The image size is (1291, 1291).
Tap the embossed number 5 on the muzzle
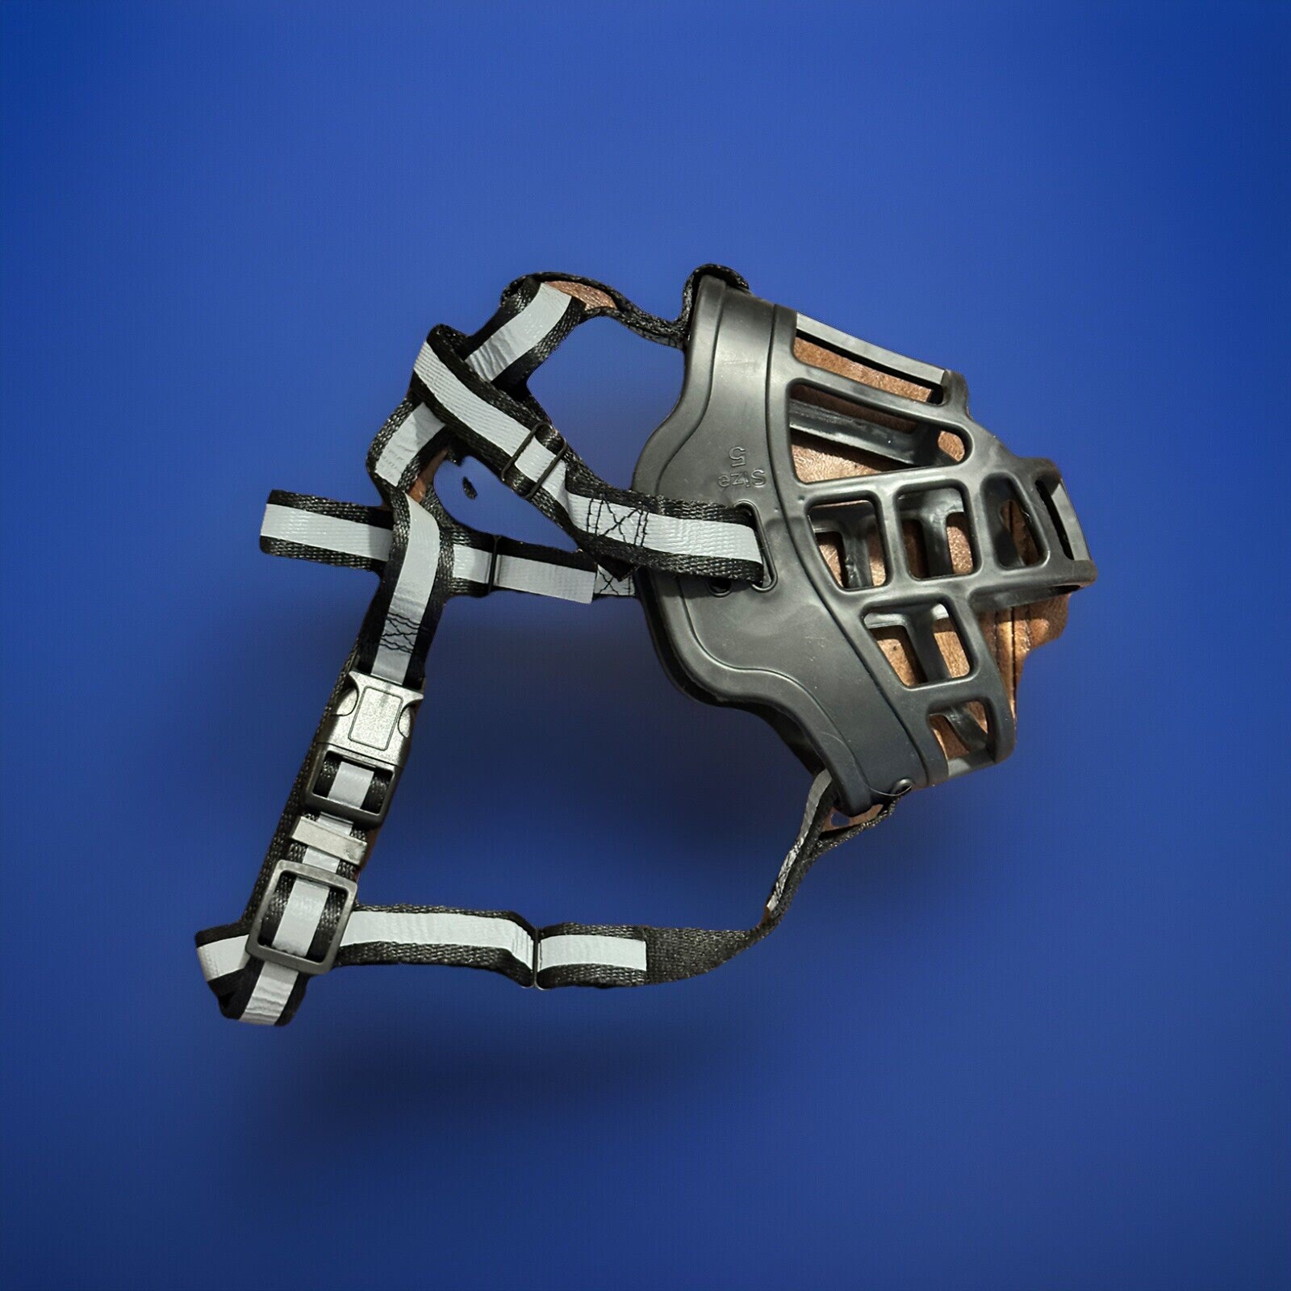pos(736,455)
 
